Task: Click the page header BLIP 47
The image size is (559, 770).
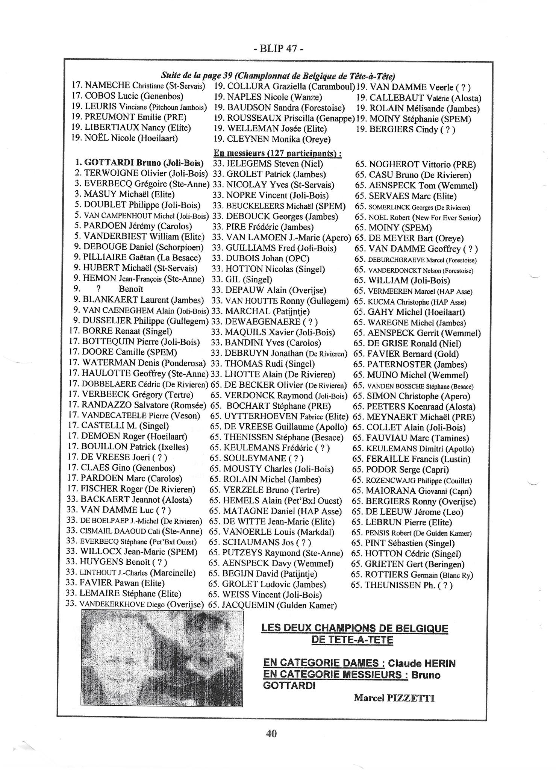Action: (278, 49)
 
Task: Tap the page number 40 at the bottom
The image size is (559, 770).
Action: (271, 733)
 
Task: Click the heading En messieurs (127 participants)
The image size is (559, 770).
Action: (277, 153)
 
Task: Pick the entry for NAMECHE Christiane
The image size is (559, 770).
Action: (138, 85)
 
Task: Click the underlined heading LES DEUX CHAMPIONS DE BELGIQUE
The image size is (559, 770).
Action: (354, 628)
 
